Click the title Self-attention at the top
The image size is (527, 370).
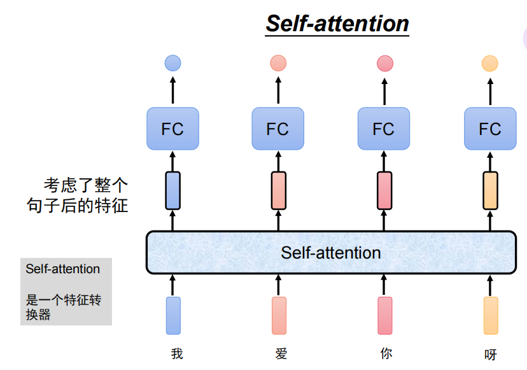pyautogui.click(x=337, y=24)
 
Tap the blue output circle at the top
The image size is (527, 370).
pyautogui.click(x=172, y=63)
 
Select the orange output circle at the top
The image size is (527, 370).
pyautogui.click(x=489, y=63)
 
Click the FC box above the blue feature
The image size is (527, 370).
pyautogui.click(x=172, y=129)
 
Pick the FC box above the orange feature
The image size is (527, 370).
pyautogui.click(x=489, y=129)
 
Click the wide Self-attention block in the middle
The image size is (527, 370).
pyautogui.click(x=330, y=252)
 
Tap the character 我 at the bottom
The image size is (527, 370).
pyautogui.click(x=177, y=353)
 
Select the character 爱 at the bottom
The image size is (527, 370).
pyautogui.click(x=281, y=353)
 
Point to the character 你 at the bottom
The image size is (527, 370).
pyautogui.click(x=386, y=353)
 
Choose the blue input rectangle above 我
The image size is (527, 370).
pyautogui.click(x=173, y=315)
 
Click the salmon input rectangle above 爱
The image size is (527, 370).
pyautogui.click(x=278, y=315)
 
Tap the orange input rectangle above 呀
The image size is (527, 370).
pyautogui.click(x=490, y=315)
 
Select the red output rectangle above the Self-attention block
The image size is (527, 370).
pyautogui.click(x=384, y=190)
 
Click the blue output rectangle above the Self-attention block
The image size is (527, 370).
pyautogui.click(x=172, y=190)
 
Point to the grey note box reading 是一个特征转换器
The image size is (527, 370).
pyautogui.click(x=66, y=291)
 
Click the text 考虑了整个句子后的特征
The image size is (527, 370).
pyautogui.click(x=85, y=196)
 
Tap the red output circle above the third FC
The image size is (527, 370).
pyautogui.click(x=384, y=63)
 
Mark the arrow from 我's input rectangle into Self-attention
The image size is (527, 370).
pyautogui.click(x=172, y=285)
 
